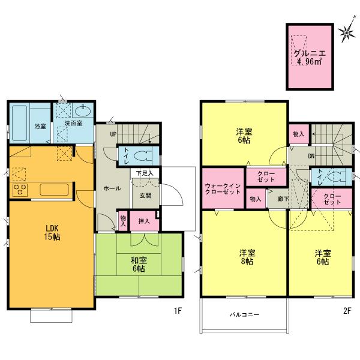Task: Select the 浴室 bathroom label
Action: coord(40,127)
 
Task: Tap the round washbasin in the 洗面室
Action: coord(83,111)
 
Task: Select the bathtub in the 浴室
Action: coord(20,123)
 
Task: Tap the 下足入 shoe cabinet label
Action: coord(144,173)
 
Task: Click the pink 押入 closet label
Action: coord(144,221)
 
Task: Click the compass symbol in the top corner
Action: coord(346,32)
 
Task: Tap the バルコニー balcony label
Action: coord(244,314)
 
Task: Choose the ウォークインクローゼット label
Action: coord(223,190)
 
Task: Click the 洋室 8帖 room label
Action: coord(244,257)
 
